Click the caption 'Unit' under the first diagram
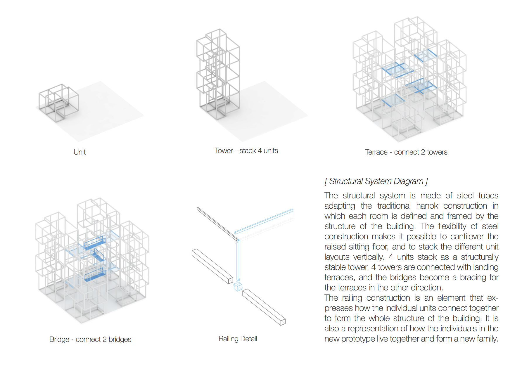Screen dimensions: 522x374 click(x=79, y=152)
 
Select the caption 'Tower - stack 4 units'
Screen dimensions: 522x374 click(x=246, y=151)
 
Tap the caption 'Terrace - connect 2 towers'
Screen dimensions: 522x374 click(x=406, y=152)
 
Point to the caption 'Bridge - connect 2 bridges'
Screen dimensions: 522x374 click(x=90, y=339)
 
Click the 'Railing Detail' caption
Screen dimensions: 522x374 click(x=238, y=339)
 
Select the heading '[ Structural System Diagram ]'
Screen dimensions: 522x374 click(x=376, y=181)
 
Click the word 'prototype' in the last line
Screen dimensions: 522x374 click(x=358, y=339)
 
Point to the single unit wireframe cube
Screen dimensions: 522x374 click(x=59, y=103)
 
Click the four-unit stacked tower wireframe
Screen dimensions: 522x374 click(x=218, y=74)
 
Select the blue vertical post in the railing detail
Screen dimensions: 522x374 click(x=238, y=260)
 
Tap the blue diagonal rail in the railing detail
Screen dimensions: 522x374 click(x=264, y=221)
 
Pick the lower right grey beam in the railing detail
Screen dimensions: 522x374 click(x=264, y=307)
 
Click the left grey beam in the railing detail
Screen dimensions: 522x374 click(x=212, y=266)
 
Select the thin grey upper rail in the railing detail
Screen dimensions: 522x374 click(x=217, y=224)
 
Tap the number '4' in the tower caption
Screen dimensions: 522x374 click(x=260, y=151)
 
